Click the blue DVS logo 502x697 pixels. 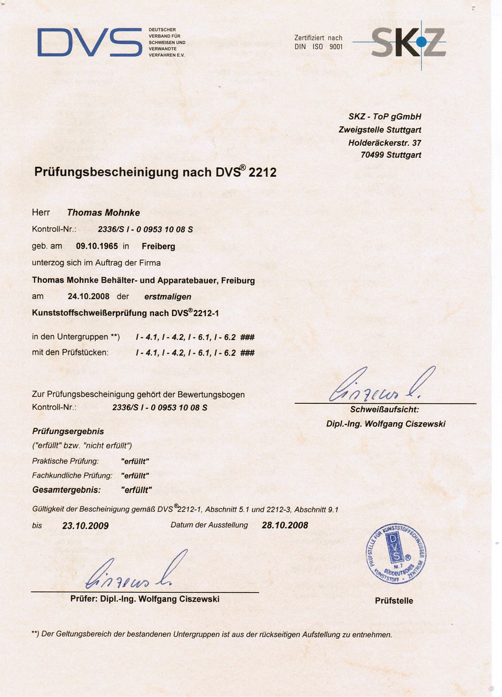coord(90,42)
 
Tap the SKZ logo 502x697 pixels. coord(408,43)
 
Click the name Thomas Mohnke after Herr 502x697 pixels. coord(103,213)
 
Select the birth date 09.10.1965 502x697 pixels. coord(97,246)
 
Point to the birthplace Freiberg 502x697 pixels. coord(159,246)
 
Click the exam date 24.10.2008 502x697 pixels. coord(89,296)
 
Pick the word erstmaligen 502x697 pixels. coord(168,296)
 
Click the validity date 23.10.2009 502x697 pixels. coord(85,526)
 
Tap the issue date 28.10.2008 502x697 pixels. coord(285,526)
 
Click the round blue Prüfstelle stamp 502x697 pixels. coord(396,554)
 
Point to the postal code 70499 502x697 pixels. coord(372,155)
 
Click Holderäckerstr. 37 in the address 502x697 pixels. coord(385,143)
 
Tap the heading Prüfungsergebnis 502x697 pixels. coord(68,432)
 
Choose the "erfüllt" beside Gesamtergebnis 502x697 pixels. coord(136,490)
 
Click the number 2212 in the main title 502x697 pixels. coord(263,173)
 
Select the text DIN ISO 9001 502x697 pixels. coord(319,47)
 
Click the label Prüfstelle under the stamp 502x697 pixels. coord(394,601)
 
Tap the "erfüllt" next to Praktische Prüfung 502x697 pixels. coord(135,461)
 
